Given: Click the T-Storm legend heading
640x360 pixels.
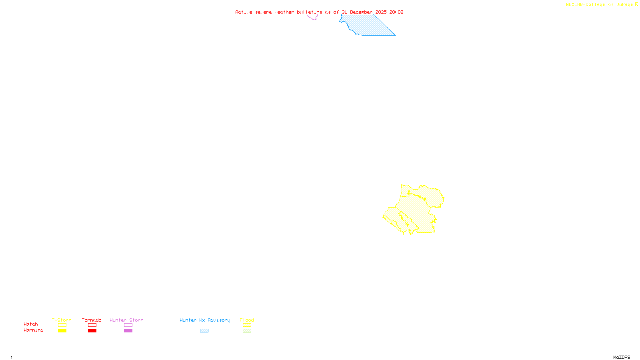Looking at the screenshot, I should coord(62,320).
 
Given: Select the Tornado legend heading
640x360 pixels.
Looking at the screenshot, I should coord(92,320).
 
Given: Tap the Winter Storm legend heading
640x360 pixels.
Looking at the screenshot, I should coord(126,320).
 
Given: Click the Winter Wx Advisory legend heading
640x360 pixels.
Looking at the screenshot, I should coord(205,320).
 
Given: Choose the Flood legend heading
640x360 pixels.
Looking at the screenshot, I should coord(247,320).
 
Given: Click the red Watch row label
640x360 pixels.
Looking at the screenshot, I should coord(31,324).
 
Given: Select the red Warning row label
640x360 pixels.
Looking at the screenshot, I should coord(34,330).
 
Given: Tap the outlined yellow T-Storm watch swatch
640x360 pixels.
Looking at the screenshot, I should coord(62,325).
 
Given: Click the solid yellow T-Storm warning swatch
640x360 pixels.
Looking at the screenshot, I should coord(62,331).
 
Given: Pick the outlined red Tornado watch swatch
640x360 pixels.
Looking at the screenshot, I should coord(92,325).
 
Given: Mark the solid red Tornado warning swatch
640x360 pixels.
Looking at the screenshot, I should coord(92,331).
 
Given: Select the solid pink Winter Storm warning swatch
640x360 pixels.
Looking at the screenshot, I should coord(128,331).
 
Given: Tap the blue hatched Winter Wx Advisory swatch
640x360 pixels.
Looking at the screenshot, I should coord(204,331).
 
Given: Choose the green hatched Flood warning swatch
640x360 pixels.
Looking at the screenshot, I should coord(247,331).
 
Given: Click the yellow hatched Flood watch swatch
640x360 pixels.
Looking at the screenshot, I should coord(247,325).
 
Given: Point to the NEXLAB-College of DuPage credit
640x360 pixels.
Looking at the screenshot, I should coord(602,5).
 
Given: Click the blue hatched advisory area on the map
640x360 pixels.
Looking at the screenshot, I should coord(368,26).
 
